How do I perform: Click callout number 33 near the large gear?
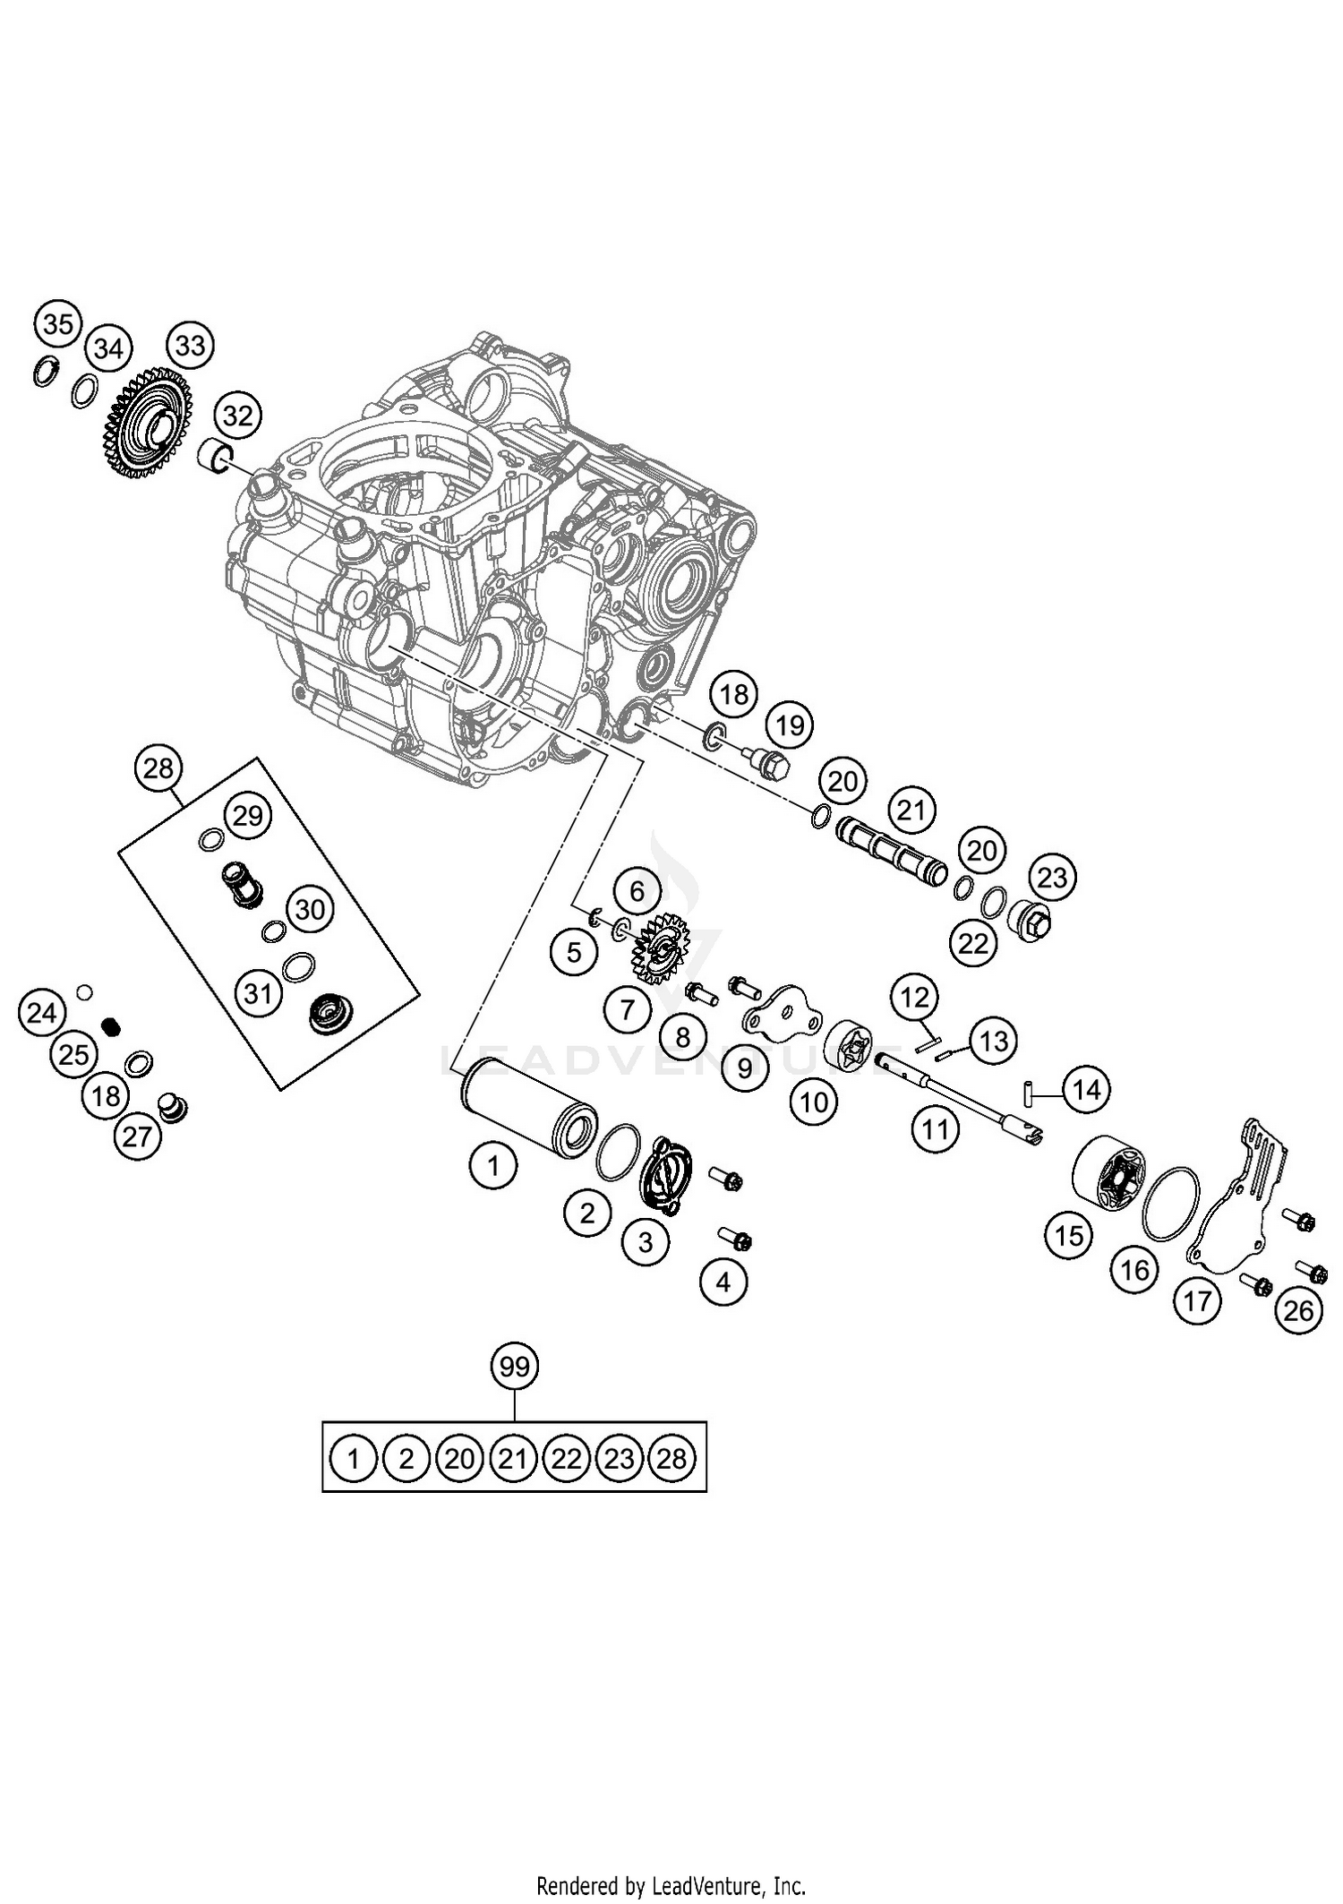pos(191,345)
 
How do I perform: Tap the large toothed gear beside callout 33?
pos(148,423)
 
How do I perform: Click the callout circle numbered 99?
pos(515,1367)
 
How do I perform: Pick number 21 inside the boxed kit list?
pos(512,1459)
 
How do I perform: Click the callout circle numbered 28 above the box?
pos(158,768)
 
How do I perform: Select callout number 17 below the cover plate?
pos(1198,1300)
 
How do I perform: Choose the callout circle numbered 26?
pos(1298,1310)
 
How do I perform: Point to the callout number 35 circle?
pos(58,324)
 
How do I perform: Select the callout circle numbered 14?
pos(1086,1090)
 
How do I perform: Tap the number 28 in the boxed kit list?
pos(671,1459)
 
